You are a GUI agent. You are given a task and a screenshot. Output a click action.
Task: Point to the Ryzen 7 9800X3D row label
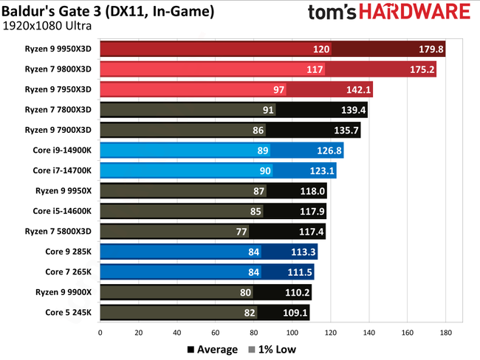tap(62, 69)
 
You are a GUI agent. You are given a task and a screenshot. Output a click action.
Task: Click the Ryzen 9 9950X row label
tap(65, 190)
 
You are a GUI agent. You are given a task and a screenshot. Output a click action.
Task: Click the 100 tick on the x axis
tap(292, 333)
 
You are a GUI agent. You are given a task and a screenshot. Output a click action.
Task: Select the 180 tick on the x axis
tap(445, 333)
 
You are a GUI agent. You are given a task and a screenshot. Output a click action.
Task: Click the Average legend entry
tap(212, 349)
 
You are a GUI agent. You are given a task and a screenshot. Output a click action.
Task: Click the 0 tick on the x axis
tap(100, 333)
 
